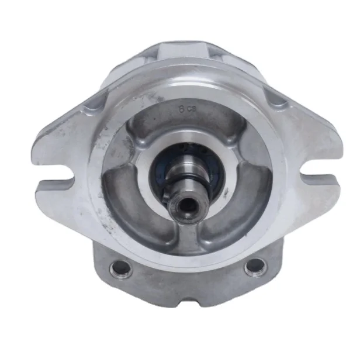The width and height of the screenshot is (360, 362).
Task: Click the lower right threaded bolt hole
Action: click(x=254, y=268)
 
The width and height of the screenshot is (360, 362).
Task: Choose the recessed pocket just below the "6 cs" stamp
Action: click(x=187, y=126)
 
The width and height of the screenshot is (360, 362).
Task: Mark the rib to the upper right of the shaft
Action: click(x=234, y=143)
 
